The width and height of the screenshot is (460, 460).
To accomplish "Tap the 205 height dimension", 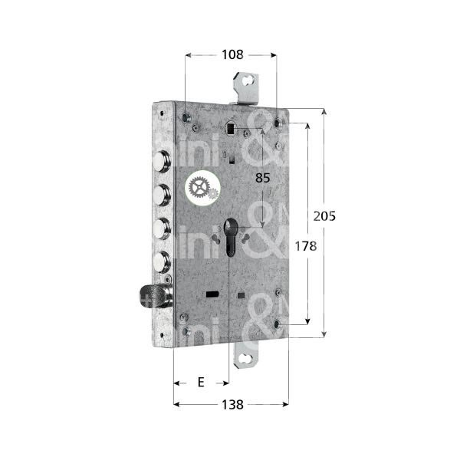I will [x=325, y=216].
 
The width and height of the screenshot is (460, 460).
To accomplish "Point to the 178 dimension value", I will [x=305, y=247].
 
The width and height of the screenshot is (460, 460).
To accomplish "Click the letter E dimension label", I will [x=201, y=382].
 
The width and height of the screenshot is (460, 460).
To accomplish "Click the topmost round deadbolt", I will [x=161, y=161].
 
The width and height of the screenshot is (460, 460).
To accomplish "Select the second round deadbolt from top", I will [x=161, y=195].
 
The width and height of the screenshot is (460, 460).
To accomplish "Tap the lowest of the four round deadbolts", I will [x=161, y=261].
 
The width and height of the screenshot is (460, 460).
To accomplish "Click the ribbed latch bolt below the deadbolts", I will [x=153, y=296].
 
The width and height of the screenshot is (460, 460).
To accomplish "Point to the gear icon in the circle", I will [x=202, y=188].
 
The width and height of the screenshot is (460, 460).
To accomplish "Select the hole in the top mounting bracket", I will [x=247, y=80].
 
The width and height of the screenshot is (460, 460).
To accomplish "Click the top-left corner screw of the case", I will [x=187, y=117].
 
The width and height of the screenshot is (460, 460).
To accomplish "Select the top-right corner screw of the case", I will [x=278, y=121].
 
